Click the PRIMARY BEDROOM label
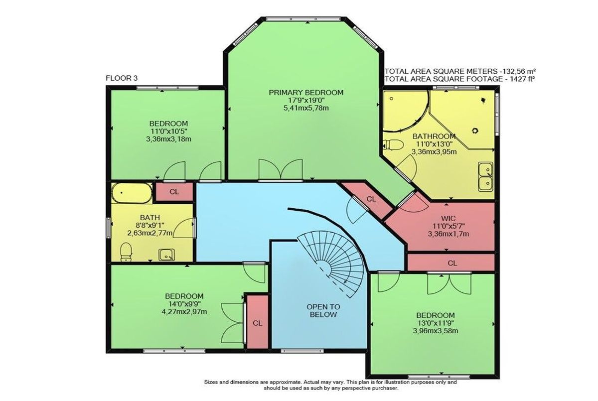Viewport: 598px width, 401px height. coord(306,93)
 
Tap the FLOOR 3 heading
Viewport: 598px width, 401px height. coord(122,78)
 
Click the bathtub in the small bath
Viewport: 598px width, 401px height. coord(132,193)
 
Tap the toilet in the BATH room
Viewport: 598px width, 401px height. coord(126,252)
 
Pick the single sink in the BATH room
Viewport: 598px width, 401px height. coord(167,255)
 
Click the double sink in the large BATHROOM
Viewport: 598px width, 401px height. coord(485,176)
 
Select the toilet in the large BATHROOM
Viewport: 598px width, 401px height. coord(393,145)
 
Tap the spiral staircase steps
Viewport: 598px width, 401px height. coord(334,262)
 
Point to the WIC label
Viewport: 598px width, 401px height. coord(449,219)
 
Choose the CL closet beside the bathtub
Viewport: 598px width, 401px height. coord(174,192)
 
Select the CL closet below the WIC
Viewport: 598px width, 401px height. coord(451,263)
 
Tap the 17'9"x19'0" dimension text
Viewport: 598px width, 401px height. coord(306,100)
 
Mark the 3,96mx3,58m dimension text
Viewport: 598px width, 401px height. coord(436,331)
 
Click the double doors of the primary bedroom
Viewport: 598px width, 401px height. coord(281,169)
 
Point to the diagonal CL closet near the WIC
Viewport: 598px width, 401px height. coord(369,200)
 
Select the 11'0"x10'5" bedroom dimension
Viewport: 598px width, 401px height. coord(169,132)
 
